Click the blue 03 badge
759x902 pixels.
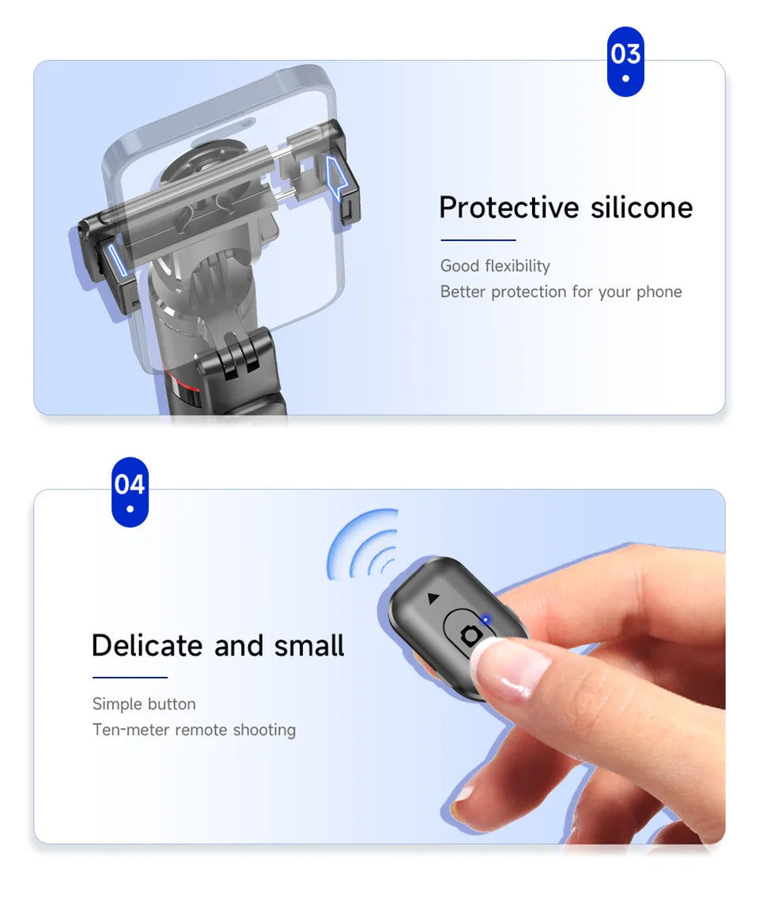(x=625, y=61)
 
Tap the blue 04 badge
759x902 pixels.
(x=130, y=490)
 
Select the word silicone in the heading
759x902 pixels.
(x=641, y=208)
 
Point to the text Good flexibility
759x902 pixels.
(x=495, y=266)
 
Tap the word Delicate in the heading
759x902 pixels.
(x=147, y=645)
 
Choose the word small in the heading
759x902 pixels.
(x=309, y=645)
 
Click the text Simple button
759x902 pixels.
(x=144, y=704)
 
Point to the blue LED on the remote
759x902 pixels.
(x=485, y=620)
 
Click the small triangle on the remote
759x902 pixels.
(x=432, y=598)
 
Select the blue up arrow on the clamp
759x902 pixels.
(x=338, y=178)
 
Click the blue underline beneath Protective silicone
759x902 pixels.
(x=478, y=239)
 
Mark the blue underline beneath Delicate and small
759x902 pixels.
(x=130, y=677)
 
